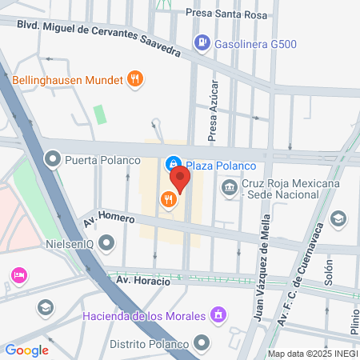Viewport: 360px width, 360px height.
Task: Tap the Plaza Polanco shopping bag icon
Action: click(x=173, y=164)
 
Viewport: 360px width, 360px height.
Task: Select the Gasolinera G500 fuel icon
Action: click(x=203, y=42)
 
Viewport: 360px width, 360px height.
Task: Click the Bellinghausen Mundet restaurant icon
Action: click(x=135, y=78)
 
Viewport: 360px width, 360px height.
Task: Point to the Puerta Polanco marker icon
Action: click(x=53, y=158)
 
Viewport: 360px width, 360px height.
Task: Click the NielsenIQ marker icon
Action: click(x=107, y=242)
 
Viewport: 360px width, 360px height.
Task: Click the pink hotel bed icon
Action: click(x=18, y=275)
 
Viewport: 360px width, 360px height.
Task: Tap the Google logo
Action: click(x=26, y=350)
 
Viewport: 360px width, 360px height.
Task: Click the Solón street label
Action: click(x=328, y=271)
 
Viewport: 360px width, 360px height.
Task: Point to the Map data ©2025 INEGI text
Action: click(x=313, y=354)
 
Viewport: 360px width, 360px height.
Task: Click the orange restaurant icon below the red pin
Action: click(x=168, y=199)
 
